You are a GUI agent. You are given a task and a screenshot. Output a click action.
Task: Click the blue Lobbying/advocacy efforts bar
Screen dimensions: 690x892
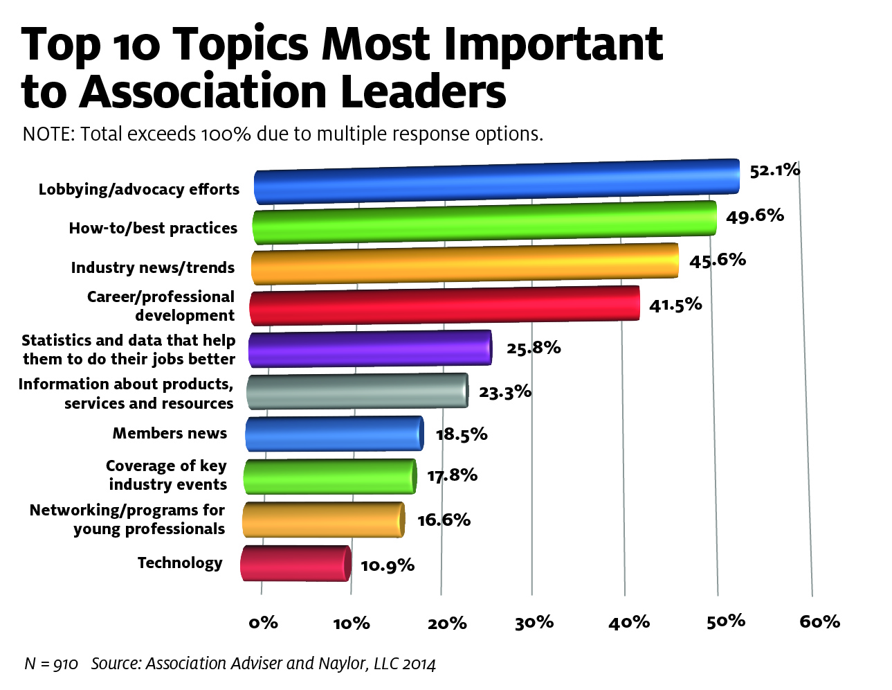click(495, 182)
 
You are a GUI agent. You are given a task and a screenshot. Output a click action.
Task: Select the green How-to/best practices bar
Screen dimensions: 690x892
click(484, 222)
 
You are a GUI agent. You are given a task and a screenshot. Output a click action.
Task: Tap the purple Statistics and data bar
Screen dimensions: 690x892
click(370, 348)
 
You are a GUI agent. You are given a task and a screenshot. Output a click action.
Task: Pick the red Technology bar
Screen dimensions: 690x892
click(295, 563)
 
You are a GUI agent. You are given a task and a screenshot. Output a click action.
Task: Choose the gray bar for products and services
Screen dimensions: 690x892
click(357, 391)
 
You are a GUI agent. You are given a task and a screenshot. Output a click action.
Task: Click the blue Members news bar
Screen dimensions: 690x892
click(334, 434)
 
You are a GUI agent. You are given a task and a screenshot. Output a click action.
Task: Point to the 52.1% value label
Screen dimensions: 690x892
click(774, 170)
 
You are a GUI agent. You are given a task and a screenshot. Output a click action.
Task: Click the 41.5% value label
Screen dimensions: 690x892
click(675, 304)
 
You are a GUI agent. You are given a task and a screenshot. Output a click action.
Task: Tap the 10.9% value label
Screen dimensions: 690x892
click(388, 565)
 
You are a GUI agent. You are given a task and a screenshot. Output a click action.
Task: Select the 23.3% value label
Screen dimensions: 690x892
click(505, 392)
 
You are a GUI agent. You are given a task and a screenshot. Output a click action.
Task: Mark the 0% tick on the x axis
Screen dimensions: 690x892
click(263, 622)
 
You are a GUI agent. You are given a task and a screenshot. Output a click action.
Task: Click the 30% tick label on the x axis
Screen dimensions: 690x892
click(534, 623)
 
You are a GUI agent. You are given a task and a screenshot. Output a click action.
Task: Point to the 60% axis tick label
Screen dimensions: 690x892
click(819, 621)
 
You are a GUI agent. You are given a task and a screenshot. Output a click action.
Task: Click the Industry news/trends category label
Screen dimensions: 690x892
click(153, 267)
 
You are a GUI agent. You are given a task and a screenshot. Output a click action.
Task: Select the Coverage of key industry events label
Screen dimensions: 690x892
click(167, 475)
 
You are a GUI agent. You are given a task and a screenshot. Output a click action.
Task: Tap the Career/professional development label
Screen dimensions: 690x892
click(161, 306)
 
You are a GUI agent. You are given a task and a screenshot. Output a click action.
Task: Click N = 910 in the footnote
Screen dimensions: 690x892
click(51, 664)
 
